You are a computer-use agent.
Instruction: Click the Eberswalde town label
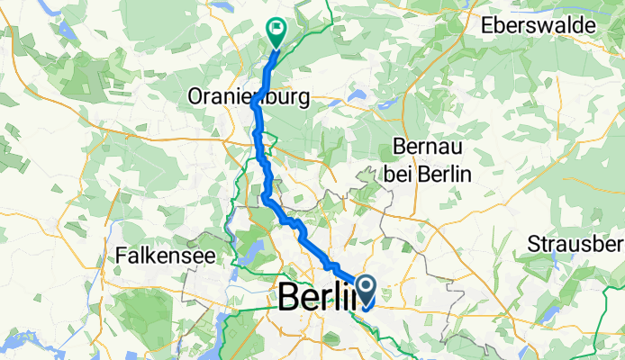[550, 25]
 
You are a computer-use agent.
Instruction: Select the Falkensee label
[165, 256]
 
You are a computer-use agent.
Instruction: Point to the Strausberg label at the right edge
[575, 245]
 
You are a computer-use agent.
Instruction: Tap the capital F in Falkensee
[122, 256]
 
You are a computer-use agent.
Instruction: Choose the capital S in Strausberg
[532, 245]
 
